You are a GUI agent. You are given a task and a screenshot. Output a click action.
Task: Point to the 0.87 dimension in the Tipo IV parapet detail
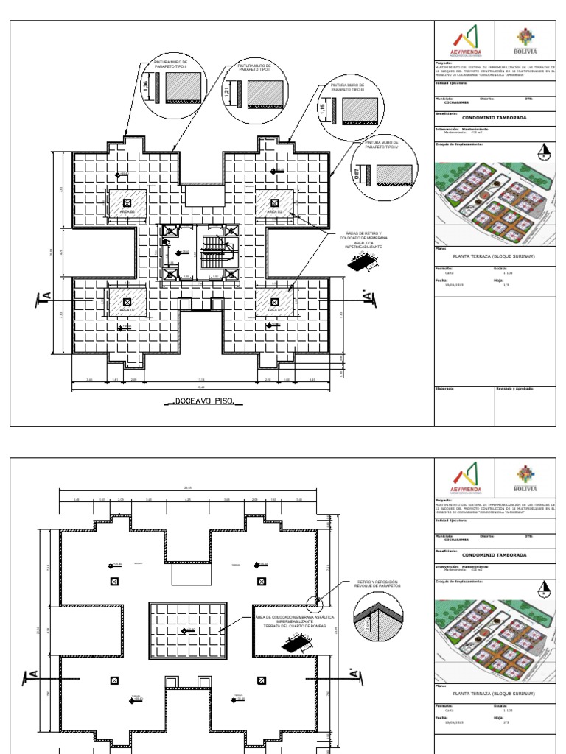357,175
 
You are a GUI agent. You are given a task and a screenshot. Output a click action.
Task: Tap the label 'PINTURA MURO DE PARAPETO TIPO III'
348,88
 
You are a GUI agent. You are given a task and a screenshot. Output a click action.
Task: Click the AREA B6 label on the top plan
127,211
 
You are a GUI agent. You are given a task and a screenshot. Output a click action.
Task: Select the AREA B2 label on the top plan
275,211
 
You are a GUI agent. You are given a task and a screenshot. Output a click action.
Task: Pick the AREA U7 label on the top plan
127,311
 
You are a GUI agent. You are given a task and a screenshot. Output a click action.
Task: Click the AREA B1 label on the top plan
275,311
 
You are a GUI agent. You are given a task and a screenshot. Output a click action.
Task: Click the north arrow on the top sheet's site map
544,152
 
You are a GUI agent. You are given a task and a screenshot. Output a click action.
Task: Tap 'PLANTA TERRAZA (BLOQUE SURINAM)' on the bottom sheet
493,694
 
